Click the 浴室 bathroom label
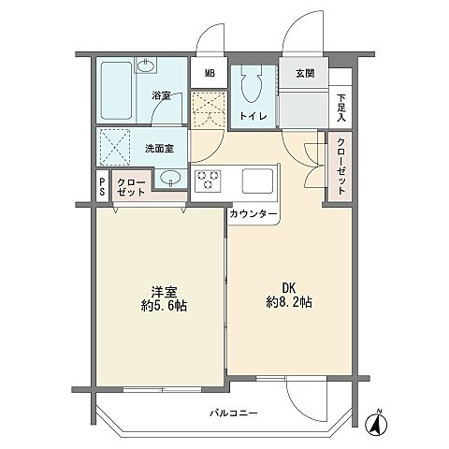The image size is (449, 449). click(161, 95)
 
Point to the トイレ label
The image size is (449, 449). click(253, 116)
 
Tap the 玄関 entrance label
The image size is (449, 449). click(305, 73)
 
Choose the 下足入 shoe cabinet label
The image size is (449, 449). click(341, 109)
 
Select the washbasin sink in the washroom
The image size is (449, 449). click(169, 178)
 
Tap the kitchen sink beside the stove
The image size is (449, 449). click(256, 178)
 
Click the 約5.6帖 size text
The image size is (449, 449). click(160, 307)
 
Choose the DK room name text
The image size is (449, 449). click(277, 288)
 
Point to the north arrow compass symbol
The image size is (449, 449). click(378, 422)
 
